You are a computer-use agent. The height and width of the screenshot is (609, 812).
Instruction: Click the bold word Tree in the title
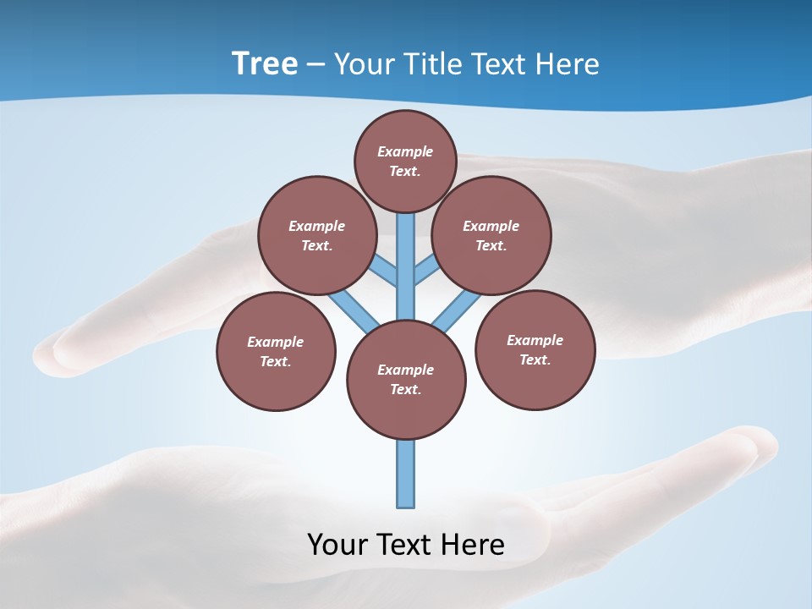pyautogui.click(x=265, y=64)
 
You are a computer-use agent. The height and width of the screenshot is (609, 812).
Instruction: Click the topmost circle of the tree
pyautogui.click(x=405, y=162)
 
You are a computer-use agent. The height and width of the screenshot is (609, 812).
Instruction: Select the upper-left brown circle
pyautogui.click(x=317, y=235)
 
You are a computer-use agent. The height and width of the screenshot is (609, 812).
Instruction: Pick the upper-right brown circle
pyautogui.click(x=491, y=235)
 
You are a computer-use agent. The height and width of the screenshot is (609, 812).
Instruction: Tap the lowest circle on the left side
pyautogui.click(x=276, y=351)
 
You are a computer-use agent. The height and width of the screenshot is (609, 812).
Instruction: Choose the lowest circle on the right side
pyautogui.click(x=535, y=349)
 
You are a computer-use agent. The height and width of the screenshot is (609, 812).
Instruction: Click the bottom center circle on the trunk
pyautogui.click(x=406, y=380)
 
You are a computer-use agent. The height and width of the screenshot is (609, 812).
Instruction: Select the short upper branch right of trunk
pyautogui.click(x=427, y=271)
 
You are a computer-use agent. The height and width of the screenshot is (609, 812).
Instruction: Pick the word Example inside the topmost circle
pyautogui.click(x=405, y=152)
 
